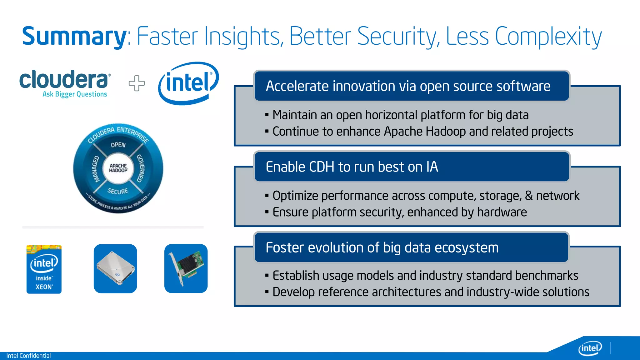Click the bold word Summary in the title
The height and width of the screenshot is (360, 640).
pyautogui.click(x=74, y=37)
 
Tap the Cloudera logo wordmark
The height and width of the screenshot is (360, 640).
pyautogui.click(x=64, y=80)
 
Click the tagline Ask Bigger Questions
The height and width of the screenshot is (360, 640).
pyautogui.click(x=75, y=94)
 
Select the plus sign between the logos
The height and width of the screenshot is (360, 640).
pyautogui.click(x=137, y=83)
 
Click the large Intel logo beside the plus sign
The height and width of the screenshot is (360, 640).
pyautogui.click(x=188, y=83)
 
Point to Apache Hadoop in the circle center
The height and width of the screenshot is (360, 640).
pyautogui.click(x=118, y=168)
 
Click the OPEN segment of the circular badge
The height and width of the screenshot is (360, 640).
pyautogui.click(x=118, y=145)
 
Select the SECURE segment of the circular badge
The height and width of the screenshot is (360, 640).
pyautogui.click(x=118, y=191)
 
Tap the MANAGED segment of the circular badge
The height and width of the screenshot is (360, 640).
pyautogui.click(x=96, y=169)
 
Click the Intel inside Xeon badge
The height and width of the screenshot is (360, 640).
pyautogui.click(x=44, y=269)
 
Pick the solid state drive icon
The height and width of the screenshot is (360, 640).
pyautogui.click(x=115, y=269)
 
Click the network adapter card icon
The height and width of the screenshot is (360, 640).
pyautogui.click(x=186, y=269)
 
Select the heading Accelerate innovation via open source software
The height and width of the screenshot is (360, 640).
pyautogui.click(x=408, y=86)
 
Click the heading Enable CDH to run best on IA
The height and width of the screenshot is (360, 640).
pyautogui.click(x=352, y=167)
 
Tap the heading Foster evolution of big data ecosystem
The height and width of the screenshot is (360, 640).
pyautogui.click(x=382, y=247)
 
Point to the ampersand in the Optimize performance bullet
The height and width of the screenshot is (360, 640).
pyautogui.click(x=529, y=196)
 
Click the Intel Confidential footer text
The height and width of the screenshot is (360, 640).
pyautogui.click(x=28, y=356)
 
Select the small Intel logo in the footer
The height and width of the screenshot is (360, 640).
pyautogui.click(x=590, y=348)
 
